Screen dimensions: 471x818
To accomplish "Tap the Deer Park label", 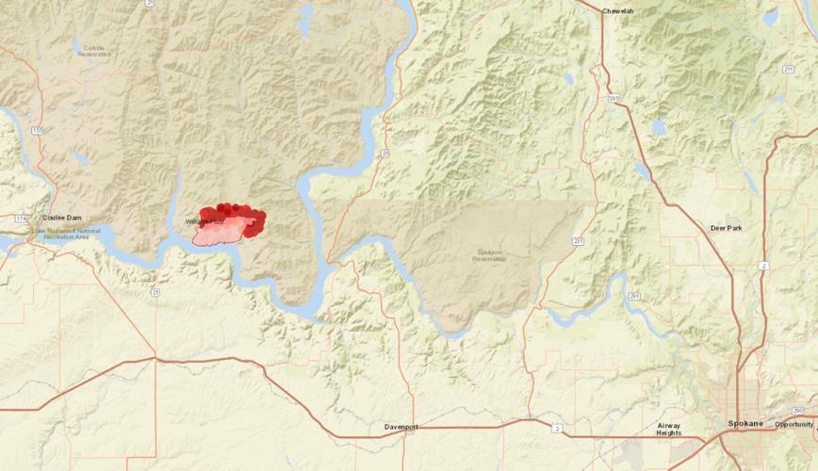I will pos(727,228).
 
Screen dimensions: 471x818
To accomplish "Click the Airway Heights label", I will pos(675,430).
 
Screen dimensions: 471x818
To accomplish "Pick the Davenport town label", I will pos(401,427).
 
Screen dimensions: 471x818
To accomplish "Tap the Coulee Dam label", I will pos(62,218).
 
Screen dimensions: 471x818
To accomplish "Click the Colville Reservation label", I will pos(94,51).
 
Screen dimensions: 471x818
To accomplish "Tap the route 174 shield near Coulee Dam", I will pos(22,219).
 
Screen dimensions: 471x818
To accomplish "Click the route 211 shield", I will pos(788,68).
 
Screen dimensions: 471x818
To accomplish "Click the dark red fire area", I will pos(232,211).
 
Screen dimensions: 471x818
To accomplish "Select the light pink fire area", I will pos(219,234).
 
